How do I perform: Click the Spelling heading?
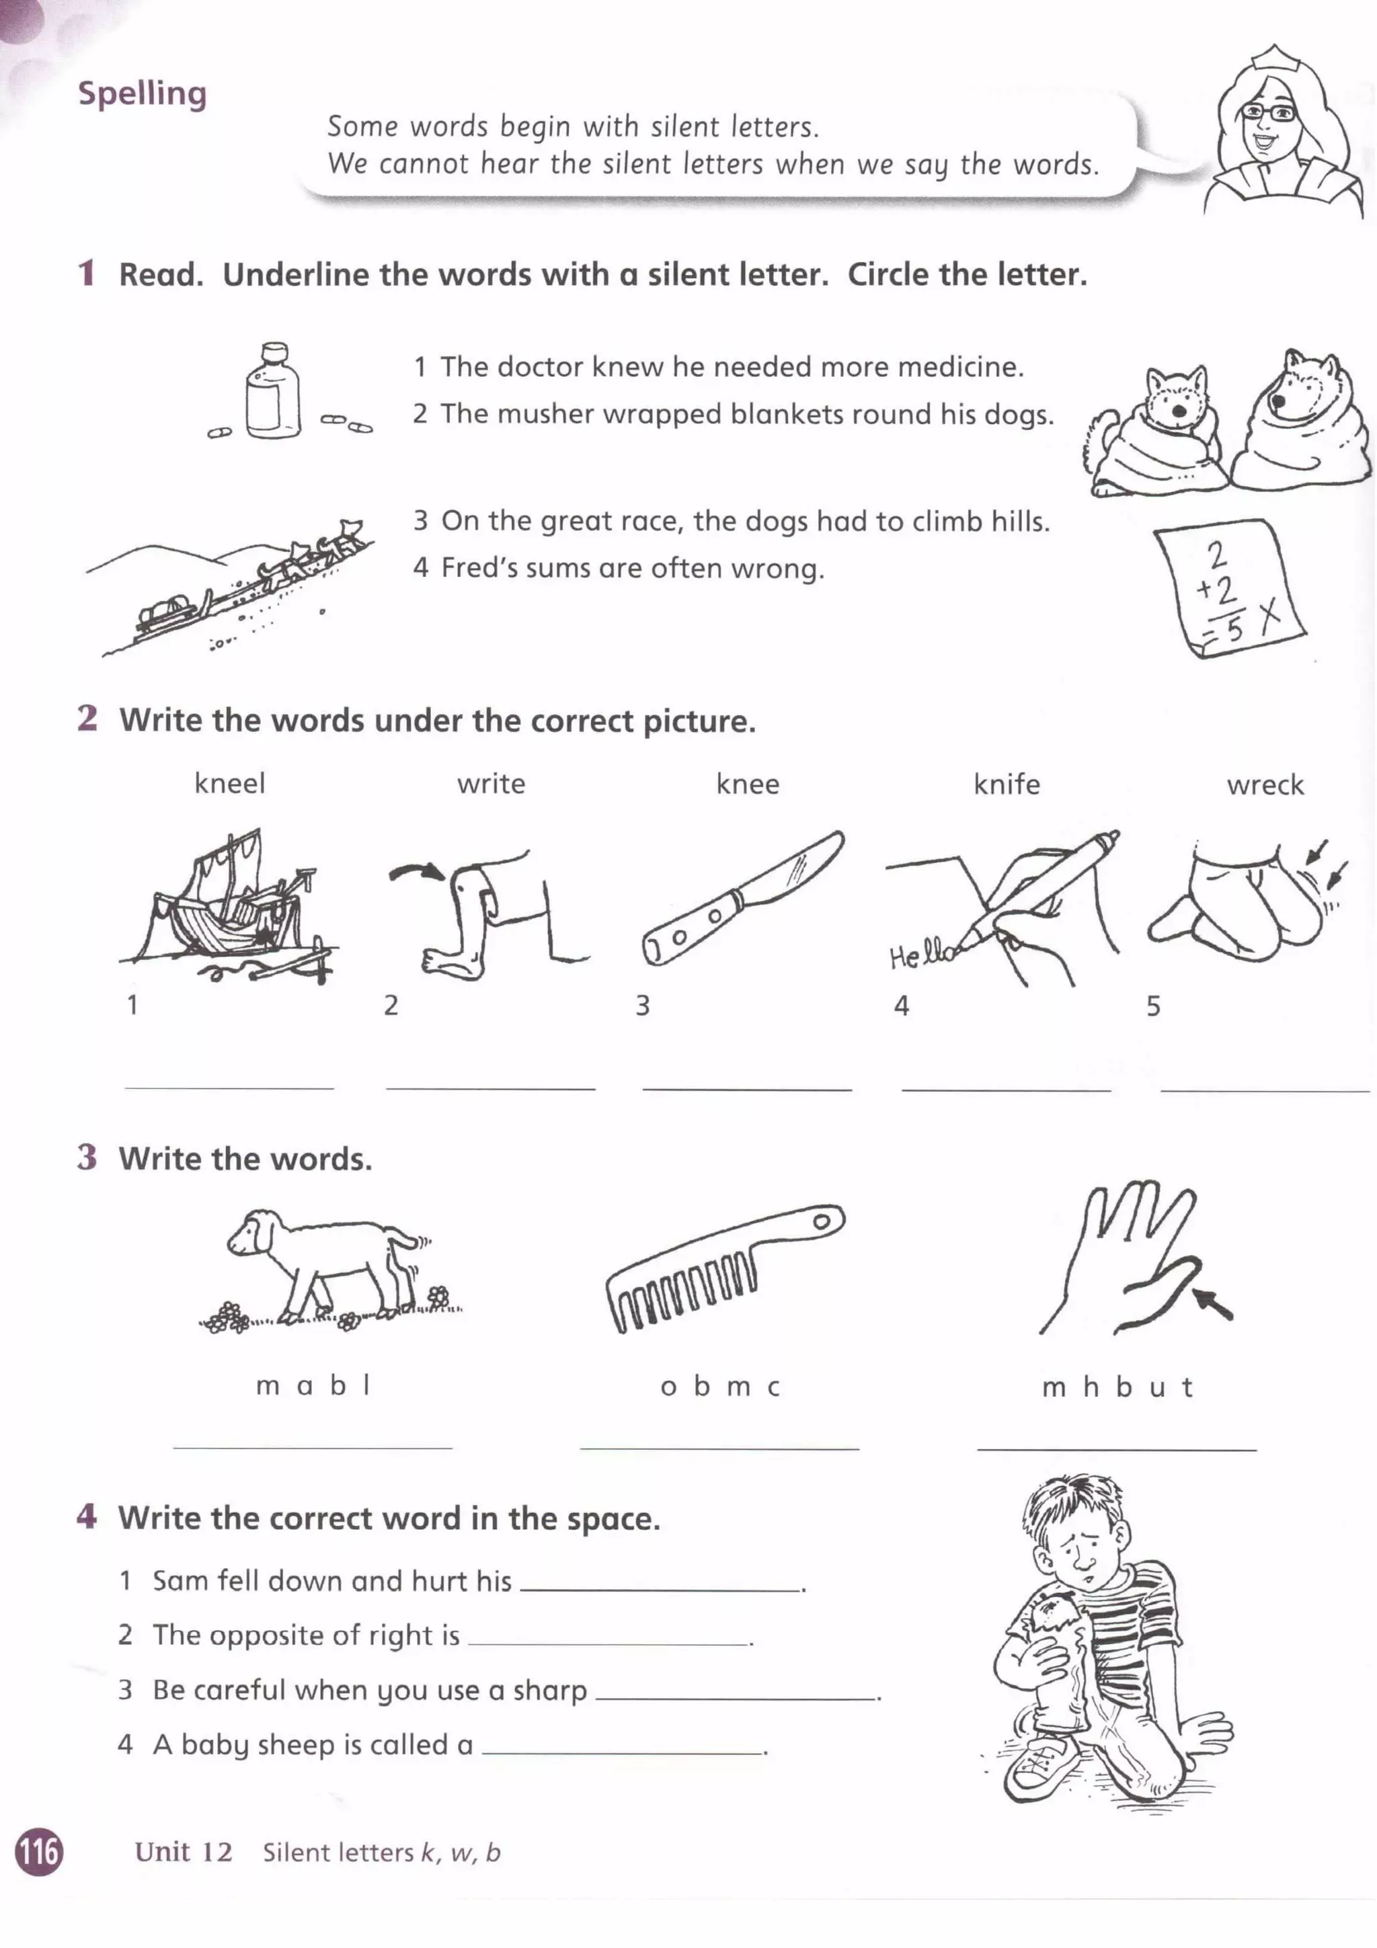pyautogui.click(x=142, y=93)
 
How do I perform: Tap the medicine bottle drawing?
pyautogui.click(x=272, y=391)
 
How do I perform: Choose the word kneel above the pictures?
pyautogui.click(x=229, y=783)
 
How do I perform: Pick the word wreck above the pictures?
pyautogui.click(x=1264, y=785)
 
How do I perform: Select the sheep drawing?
pyautogui.click(x=327, y=1264)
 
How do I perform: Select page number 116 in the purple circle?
pyautogui.click(x=39, y=1851)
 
